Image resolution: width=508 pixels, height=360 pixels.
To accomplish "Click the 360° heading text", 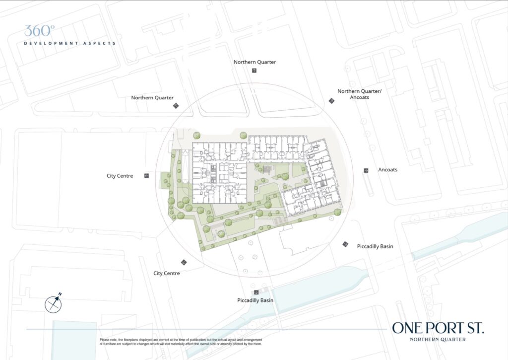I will pyautogui.click(x=38, y=30).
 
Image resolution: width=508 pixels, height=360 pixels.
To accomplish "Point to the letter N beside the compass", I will pyautogui.click(x=60, y=294).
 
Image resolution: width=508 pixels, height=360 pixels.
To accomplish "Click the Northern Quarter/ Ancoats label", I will pyautogui.click(x=353, y=94).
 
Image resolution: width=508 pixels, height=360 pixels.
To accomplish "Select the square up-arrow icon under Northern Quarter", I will pyautogui.click(x=254, y=71).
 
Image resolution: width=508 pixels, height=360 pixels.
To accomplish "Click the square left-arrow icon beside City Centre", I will pyautogui.click(x=146, y=176).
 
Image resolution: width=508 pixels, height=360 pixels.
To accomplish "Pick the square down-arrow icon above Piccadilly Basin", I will pyautogui.click(x=256, y=292).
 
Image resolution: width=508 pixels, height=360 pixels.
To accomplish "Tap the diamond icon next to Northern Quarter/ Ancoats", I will pyautogui.click(x=331, y=101).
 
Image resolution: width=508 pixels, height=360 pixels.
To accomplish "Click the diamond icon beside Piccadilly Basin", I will pyautogui.click(x=345, y=244).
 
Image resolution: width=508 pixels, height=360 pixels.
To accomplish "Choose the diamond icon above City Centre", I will pyautogui.click(x=184, y=262).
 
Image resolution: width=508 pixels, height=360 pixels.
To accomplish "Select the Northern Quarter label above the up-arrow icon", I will pyautogui.click(x=254, y=62).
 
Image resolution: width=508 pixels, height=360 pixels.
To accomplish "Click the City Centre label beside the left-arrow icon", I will pyautogui.click(x=120, y=176).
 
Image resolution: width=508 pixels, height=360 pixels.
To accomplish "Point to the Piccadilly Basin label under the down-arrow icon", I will pyautogui.click(x=255, y=300).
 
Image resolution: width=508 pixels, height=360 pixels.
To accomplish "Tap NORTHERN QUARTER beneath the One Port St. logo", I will pyautogui.click(x=438, y=340).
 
